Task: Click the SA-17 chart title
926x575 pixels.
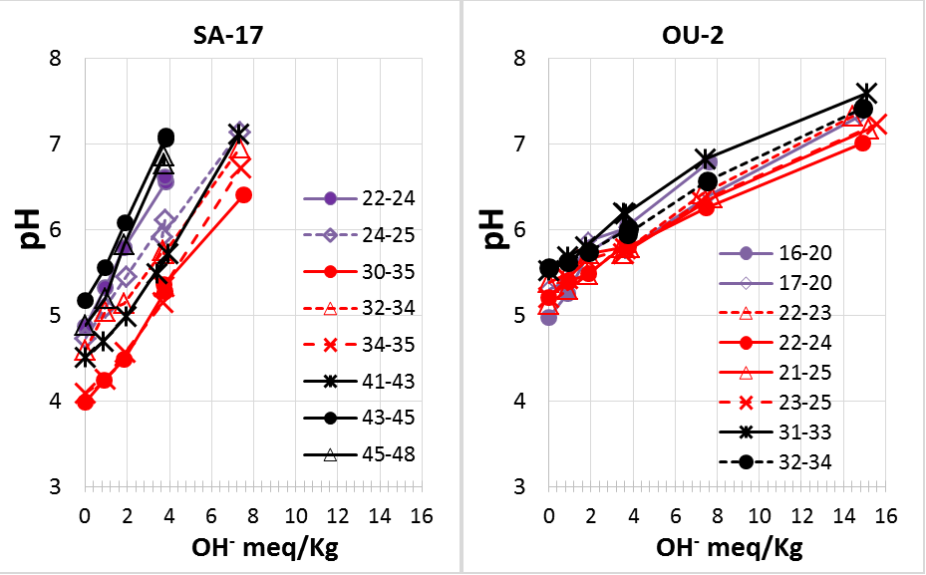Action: tap(237, 37)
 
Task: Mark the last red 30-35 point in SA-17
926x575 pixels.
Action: tap(243, 195)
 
